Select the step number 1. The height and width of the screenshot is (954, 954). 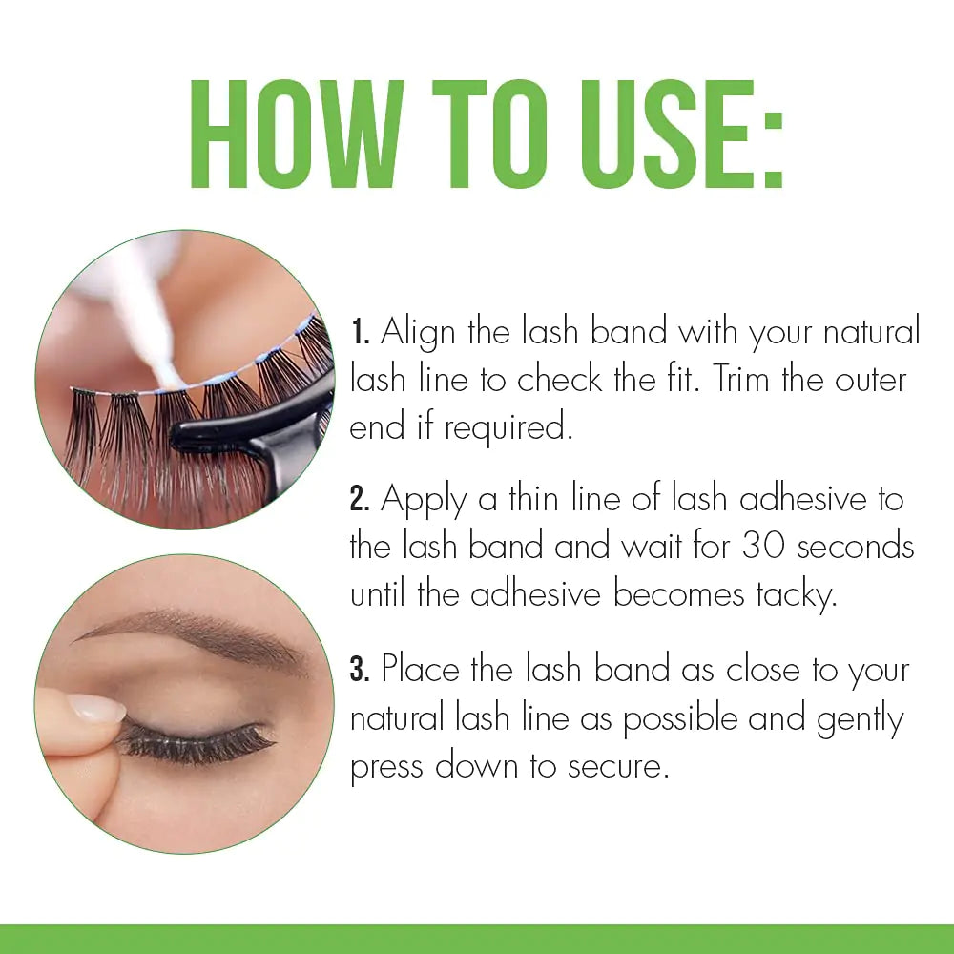pos(359,334)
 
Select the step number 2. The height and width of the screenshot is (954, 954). pos(360,499)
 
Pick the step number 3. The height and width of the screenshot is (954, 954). pos(360,671)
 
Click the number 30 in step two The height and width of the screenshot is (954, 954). pos(763,547)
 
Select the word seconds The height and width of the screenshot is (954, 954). pos(855,547)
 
